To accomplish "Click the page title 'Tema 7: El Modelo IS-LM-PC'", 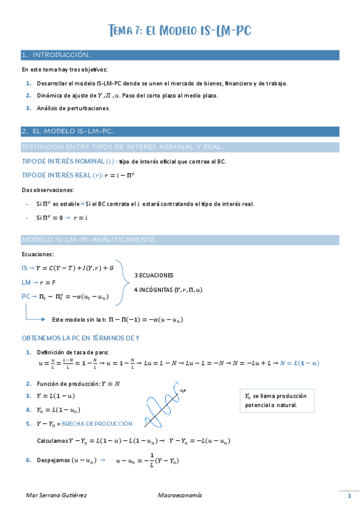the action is (180, 31).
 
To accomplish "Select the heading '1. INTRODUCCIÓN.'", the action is (56, 55).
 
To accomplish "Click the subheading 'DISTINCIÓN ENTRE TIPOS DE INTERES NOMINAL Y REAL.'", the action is (123, 147).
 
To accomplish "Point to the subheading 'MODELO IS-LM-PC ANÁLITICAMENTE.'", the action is (89, 240).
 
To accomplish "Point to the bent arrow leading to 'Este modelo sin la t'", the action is (35, 314).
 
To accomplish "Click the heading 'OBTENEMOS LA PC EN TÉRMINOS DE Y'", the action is (81, 338).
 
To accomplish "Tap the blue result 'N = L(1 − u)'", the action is (299, 363).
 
